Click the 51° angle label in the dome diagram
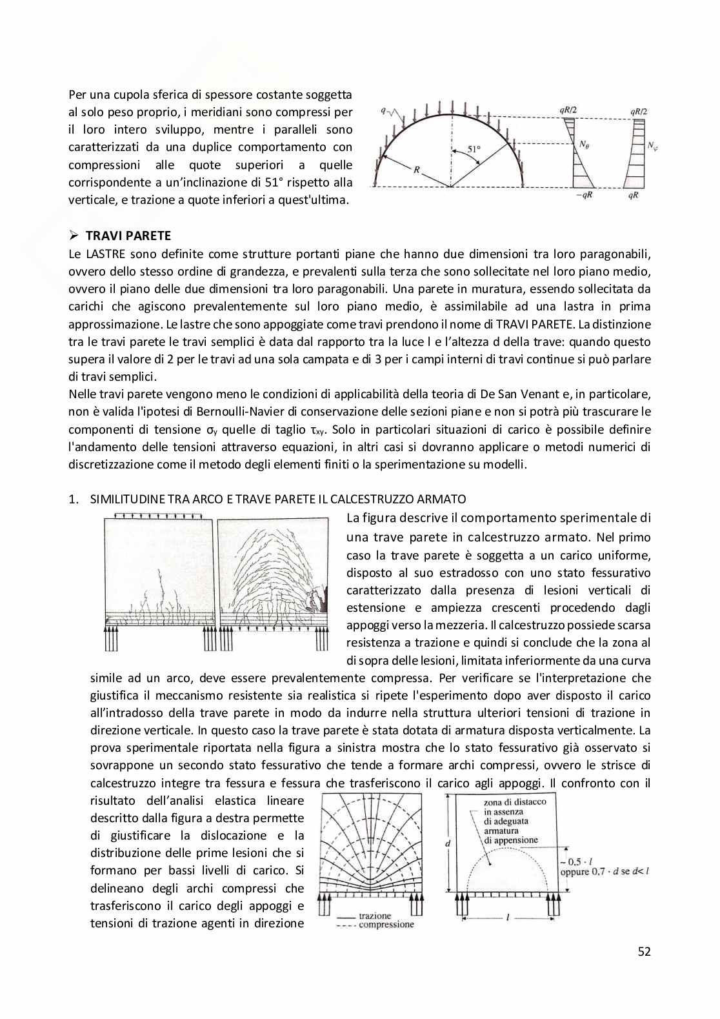pyautogui.click(x=474, y=150)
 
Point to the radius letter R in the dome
pyautogui.click(x=415, y=171)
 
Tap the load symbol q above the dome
pyautogui.click(x=385, y=110)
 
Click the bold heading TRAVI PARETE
pyautogui.click(x=128, y=236)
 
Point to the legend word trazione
pyautogui.click(x=376, y=916)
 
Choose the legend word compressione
pyautogui.click(x=386, y=925)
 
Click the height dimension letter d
pyautogui.click(x=447, y=843)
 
